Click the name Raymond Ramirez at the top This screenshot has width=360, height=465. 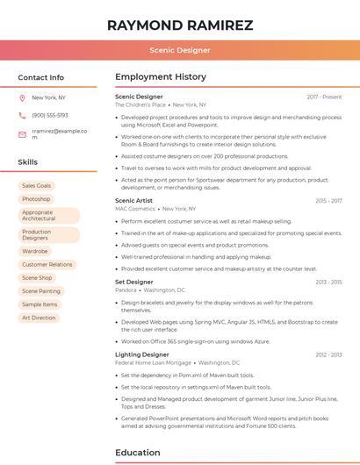pyautogui.click(x=179, y=25)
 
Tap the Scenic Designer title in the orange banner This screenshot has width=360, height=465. pyautogui.click(x=179, y=50)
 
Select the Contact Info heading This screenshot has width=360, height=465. pyautogui.click(x=40, y=77)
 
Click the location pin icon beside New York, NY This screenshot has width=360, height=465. pyautogui.click(x=22, y=97)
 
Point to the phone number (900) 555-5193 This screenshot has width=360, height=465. pyautogui.click(x=50, y=115)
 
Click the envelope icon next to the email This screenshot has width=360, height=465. pyautogui.click(x=22, y=134)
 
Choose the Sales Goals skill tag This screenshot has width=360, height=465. pyautogui.click(x=36, y=186)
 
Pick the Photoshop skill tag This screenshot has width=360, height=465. pyautogui.click(x=36, y=199)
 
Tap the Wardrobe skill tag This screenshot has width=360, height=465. pyautogui.click(x=35, y=251)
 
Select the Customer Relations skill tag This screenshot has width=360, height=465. pyautogui.click(x=47, y=264)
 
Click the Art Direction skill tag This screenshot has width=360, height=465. pyautogui.click(x=39, y=318)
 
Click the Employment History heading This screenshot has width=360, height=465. pyautogui.click(x=160, y=77)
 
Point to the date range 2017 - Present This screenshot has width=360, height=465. pyautogui.click(x=324, y=97)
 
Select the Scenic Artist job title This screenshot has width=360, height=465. pyautogui.click(x=133, y=201)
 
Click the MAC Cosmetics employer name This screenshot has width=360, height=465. pyautogui.click(x=134, y=209)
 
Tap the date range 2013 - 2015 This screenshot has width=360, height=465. pyautogui.click(x=328, y=282)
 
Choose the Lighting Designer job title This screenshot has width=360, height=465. pyautogui.click(x=141, y=354)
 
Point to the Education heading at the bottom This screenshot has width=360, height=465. pyautogui.click(x=138, y=453)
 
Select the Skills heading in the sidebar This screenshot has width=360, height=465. pyautogui.click(x=28, y=162)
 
